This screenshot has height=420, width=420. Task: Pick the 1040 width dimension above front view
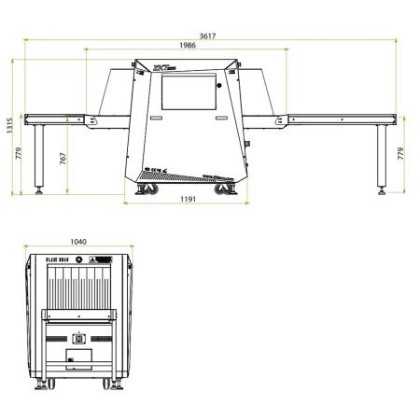click(78, 242)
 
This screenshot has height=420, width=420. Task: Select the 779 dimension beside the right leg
click(401, 155)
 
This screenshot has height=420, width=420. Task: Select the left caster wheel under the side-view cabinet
click(147, 189)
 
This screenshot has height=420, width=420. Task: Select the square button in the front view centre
click(79, 339)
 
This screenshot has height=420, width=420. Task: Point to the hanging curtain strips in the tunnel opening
click(78, 288)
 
